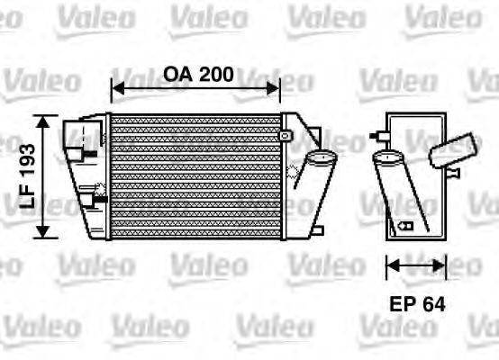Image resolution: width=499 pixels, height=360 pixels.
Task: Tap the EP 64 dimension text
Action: [415, 303]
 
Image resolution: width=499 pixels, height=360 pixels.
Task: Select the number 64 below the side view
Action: [433, 303]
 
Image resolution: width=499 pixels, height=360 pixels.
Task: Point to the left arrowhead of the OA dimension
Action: [114, 88]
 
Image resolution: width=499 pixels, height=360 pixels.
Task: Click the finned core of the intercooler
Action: [194, 176]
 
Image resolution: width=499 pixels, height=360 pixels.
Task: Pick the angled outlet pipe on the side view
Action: [455, 148]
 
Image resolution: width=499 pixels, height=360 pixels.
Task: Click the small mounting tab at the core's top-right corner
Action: [286, 135]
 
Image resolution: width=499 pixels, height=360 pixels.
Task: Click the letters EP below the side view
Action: [402, 303]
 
